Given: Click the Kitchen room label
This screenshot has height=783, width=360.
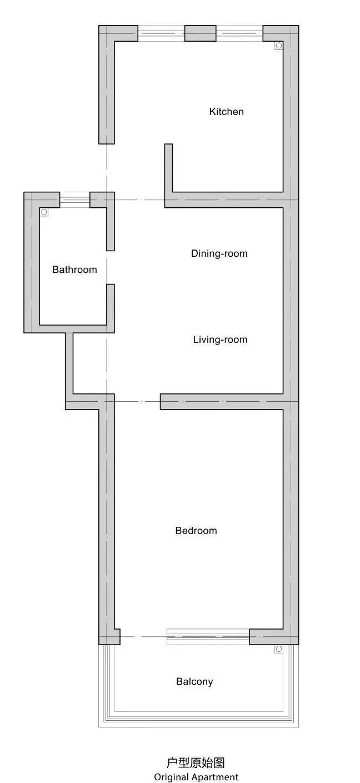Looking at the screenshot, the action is [x=227, y=112].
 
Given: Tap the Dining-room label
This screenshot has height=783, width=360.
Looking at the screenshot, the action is [x=219, y=253].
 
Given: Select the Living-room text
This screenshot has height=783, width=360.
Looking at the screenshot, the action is [x=220, y=340].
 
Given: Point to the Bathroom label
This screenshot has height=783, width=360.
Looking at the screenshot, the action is [x=74, y=270].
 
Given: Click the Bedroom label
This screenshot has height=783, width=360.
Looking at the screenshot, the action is [x=196, y=531].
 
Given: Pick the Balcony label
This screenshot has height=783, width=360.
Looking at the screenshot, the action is [x=194, y=682].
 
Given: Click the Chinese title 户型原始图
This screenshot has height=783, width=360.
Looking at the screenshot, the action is [x=196, y=762].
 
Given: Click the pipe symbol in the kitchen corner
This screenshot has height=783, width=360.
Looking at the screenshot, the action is [x=278, y=46].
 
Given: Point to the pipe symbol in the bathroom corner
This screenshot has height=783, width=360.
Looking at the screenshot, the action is [x=44, y=212].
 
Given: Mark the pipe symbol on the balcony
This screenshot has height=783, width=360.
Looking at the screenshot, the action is [x=278, y=649].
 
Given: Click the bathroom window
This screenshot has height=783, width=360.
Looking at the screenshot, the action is [x=75, y=200].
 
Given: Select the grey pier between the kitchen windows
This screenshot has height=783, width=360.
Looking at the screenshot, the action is [x=200, y=33].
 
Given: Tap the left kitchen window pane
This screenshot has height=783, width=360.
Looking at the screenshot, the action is [x=161, y=33].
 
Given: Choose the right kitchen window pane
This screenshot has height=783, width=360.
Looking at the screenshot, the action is [x=239, y=33].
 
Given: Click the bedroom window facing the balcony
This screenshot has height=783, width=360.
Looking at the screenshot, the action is [x=208, y=636].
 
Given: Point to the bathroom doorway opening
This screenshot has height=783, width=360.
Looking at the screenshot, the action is [x=111, y=267].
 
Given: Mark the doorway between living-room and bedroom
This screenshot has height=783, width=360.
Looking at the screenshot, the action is [x=137, y=402].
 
